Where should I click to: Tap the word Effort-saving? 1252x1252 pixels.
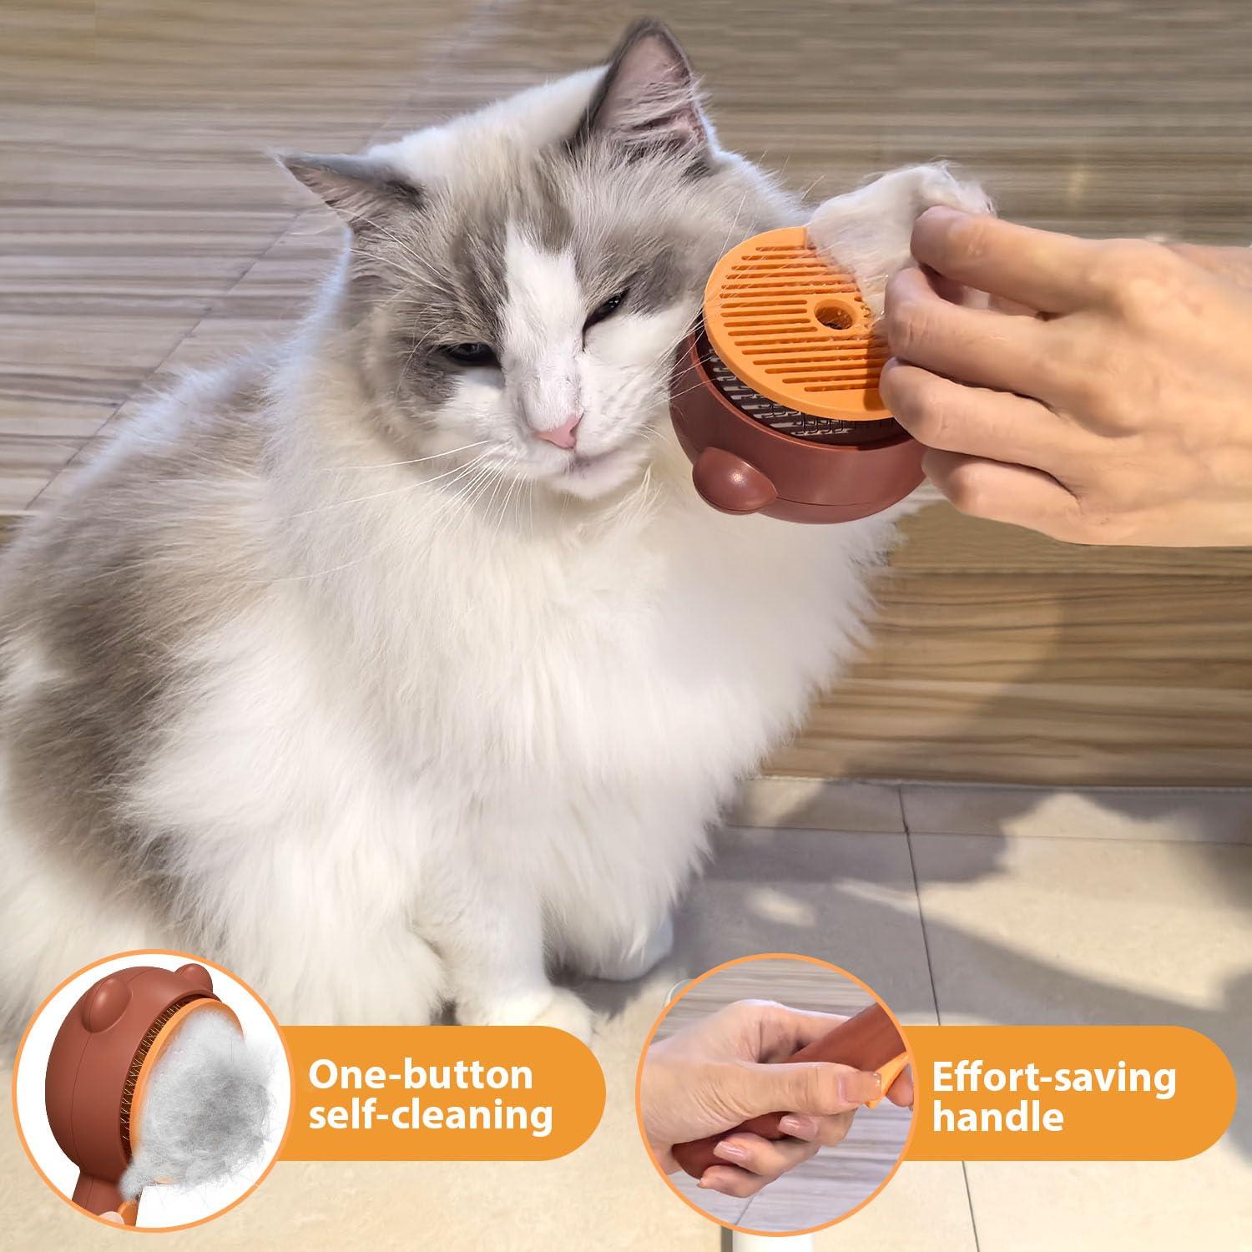click(1053, 1078)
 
